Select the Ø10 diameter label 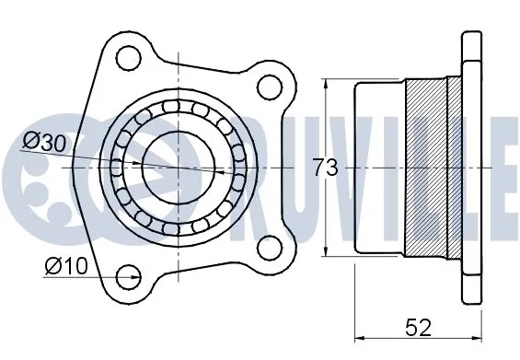pos(64,266)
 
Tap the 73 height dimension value pos(325,168)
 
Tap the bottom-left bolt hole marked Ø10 pos(129,274)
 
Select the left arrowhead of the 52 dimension pos(359,336)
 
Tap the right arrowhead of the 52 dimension pos(479,336)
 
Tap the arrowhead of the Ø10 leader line pos(118,274)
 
